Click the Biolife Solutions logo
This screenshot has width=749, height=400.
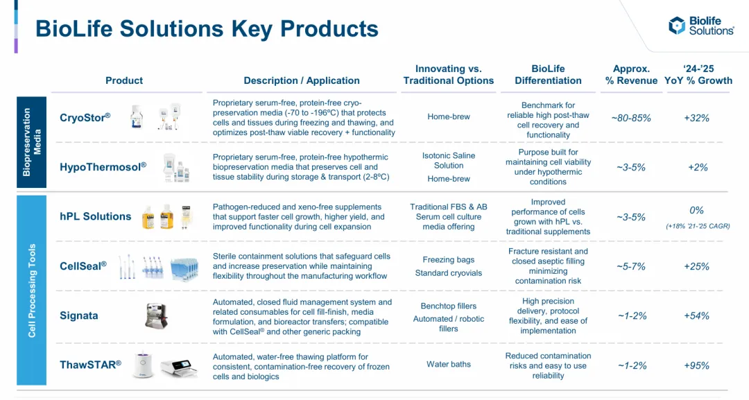[700, 26]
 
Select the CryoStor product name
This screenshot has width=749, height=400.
[85, 117]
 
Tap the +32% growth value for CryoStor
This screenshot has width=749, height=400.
[696, 118]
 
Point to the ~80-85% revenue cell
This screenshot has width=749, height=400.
[631, 118]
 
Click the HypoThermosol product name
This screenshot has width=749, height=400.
[103, 167]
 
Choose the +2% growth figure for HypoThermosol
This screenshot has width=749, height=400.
[698, 167]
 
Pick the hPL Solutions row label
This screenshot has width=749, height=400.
[96, 216]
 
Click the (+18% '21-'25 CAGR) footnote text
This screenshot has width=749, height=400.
[698, 226]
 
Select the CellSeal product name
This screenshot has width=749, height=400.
[83, 266]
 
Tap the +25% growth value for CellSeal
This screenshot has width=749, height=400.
[696, 266]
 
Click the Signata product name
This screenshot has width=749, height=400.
[79, 315]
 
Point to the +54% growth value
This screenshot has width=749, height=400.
[696, 315]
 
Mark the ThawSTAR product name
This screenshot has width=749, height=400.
[90, 365]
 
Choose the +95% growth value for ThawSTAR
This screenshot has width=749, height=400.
[696, 365]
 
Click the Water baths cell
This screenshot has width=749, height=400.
[449, 364]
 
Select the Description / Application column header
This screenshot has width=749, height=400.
[302, 80]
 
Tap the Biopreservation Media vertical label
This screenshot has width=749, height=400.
[31, 142]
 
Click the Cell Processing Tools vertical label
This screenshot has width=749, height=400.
[31, 290]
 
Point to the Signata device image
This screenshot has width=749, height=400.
[156, 315]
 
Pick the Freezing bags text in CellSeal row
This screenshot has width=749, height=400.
[449, 260]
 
